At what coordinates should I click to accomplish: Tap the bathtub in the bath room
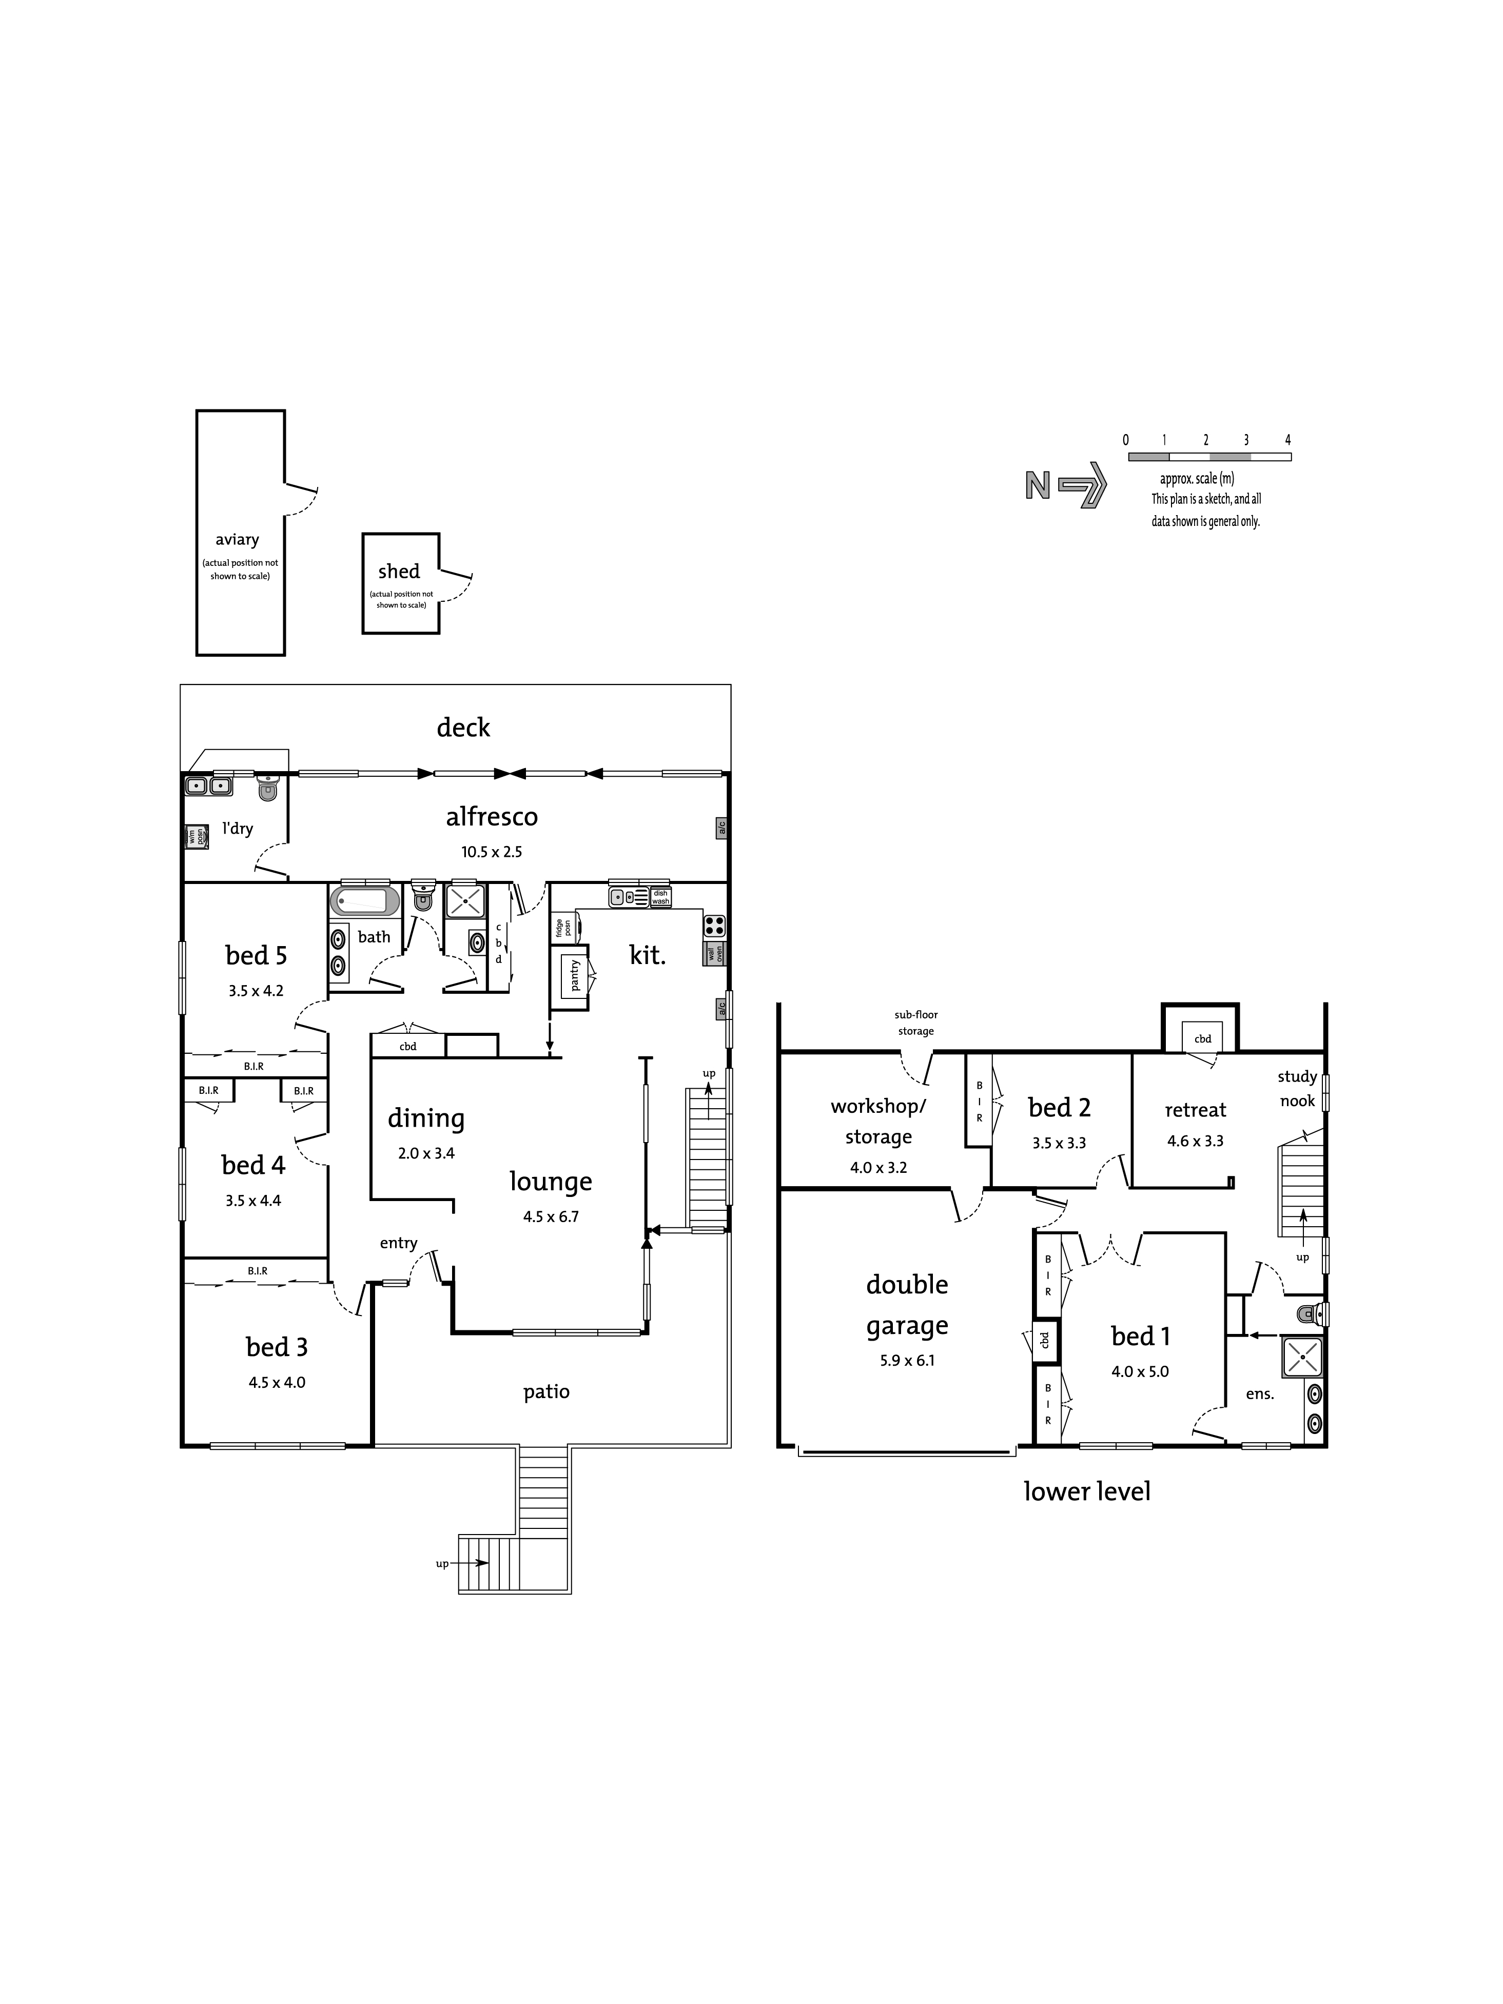[x=364, y=900]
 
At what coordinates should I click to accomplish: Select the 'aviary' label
[x=238, y=540]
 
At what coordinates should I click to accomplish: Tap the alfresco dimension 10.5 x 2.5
[x=491, y=852]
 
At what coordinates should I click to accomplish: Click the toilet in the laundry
[x=267, y=788]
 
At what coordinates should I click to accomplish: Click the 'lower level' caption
[x=1087, y=1491]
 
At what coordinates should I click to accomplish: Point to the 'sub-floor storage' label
[x=916, y=1023]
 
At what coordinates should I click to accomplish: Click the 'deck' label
[x=463, y=728]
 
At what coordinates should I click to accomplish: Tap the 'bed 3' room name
[x=276, y=1347]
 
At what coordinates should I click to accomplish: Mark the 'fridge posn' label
[x=563, y=928]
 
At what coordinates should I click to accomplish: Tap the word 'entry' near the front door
[x=399, y=1244]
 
